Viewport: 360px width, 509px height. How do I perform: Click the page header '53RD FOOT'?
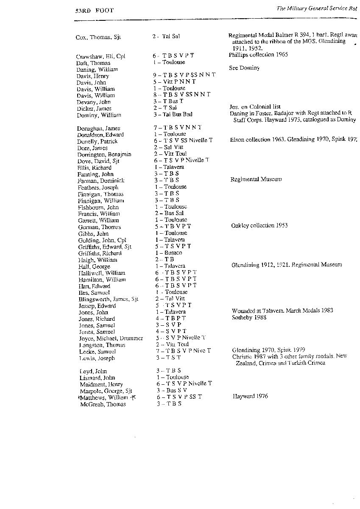pyautogui.click(x=92, y=10)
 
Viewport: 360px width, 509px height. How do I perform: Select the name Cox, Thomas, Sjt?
pyautogui.click(x=98, y=37)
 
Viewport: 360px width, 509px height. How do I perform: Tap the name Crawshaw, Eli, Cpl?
pyautogui.click(x=100, y=56)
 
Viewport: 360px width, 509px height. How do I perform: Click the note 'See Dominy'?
pyautogui.click(x=244, y=68)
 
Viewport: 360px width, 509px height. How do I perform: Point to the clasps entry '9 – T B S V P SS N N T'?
pyautogui.click(x=184, y=75)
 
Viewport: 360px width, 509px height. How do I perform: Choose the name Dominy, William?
pyautogui.click(x=99, y=115)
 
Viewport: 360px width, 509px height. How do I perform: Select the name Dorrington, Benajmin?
pyautogui.click(x=104, y=154)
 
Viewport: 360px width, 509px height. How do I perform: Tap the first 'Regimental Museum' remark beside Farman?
pyautogui.click(x=256, y=179)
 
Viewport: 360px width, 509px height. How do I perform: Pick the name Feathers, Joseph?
pyautogui.click(x=98, y=187)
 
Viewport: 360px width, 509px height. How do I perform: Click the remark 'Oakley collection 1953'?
pyautogui.click(x=259, y=226)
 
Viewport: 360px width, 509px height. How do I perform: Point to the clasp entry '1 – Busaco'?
pyautogui.click(x=168, y=253)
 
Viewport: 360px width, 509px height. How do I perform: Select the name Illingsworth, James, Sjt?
pyautogui.click(x=108, y=299)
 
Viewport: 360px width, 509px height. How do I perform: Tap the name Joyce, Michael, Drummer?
pyautogui.click(x=111, y=338)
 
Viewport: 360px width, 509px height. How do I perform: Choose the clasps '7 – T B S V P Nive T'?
pyautogui.click(x=183, y=351)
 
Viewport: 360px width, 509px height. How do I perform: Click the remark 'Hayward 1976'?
pyautogui.click(x=250, y=397)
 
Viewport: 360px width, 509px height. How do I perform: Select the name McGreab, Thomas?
pyautogui.click(x=103, y=405)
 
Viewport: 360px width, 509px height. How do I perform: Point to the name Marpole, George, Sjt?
pyautogui.click(x=106, y=391)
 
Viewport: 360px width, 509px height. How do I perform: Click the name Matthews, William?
pyautogui.click(x=103, y=397)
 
